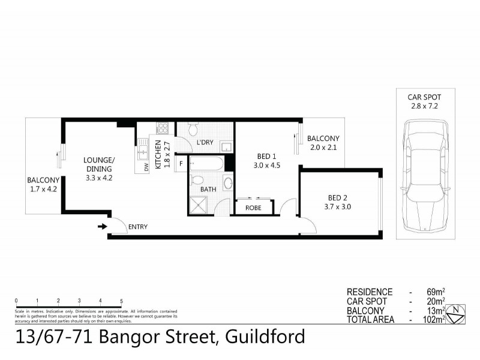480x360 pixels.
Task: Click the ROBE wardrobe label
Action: tap(253, 208)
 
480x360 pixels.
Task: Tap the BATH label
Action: tap(208, 190)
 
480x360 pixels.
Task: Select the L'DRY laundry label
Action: tap(206, 143)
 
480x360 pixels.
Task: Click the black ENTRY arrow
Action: tap(103, 226)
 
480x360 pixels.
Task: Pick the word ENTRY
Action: tap(137, 227)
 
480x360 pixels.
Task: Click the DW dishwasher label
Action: tap(146, 167)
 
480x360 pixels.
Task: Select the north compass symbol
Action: tap(458, 311)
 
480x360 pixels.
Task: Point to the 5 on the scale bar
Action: tap(121, 301)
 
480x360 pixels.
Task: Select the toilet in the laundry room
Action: tap(193, 128)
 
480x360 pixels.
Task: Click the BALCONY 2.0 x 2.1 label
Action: tap(323, 143)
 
